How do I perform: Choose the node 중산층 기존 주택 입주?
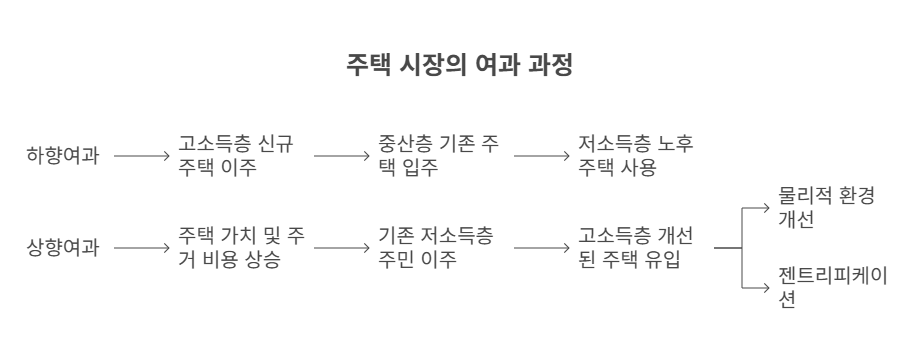[x=435, y=156]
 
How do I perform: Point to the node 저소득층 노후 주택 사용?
[x=636, y=156]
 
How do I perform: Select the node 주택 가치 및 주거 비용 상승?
[x=241, y=246]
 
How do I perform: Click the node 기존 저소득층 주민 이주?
[x=435, y=246]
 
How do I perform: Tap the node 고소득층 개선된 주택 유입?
[x=636, y=246]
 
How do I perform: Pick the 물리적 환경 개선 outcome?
[x=825, y=208]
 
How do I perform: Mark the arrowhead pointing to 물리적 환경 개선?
[x=767, y=208]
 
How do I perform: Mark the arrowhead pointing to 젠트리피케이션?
[x=767, y=285]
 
